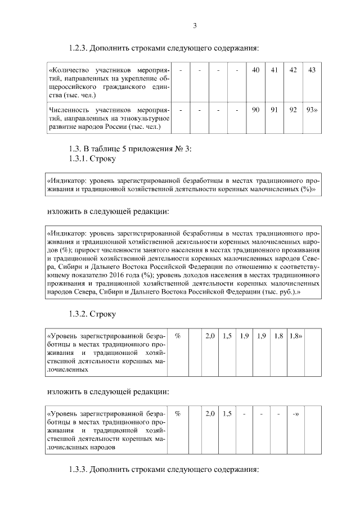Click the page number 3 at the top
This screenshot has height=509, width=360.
(195, 25)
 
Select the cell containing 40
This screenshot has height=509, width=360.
(255, 70)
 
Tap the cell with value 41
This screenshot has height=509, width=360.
(274, 70)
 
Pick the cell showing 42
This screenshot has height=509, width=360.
(293, 70)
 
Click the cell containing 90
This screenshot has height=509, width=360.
(255, 110)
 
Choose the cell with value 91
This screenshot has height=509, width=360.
(274, 110)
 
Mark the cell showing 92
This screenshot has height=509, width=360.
(293, 110)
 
